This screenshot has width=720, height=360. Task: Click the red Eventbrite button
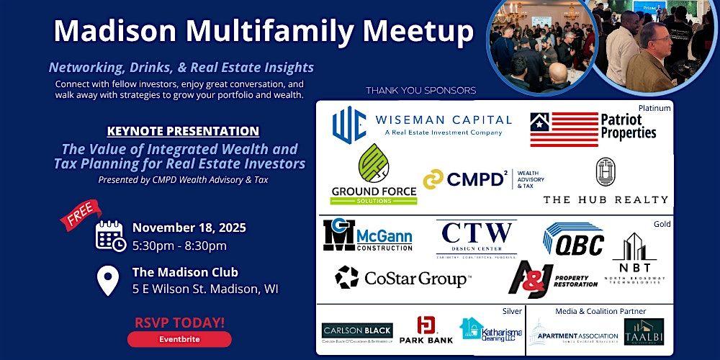click(x=179, y=339)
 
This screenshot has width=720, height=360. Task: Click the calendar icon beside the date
click(x=110, y=235)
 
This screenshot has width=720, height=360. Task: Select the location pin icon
click(x=108, y=281)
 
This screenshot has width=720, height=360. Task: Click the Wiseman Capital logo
click(x=422, y=125)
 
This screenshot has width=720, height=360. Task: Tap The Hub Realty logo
click(x=605, y=182)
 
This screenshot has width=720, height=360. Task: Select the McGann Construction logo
click(x=367, y=235)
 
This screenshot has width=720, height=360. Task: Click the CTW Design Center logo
click(x=477, y=238)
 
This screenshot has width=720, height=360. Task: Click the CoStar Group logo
click(x=403, y=277)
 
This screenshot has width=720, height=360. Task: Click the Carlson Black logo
click(x=357, y=331)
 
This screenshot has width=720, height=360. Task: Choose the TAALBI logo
click(x=644, y=331)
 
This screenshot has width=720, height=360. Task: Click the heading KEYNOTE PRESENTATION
click(x=182, y=131)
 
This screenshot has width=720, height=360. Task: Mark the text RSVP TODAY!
click(x=179, y=323)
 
